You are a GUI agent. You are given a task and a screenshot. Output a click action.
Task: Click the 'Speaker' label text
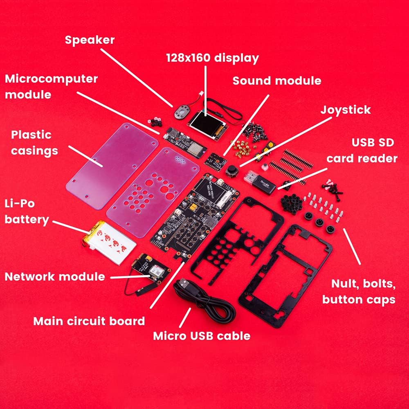[x=90, y=40]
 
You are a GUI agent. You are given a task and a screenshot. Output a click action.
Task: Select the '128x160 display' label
[x=212, y=58]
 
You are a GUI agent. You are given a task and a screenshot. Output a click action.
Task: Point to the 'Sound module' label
[x=277, y=81]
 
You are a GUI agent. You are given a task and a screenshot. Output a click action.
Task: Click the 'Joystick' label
[x=345, y=110]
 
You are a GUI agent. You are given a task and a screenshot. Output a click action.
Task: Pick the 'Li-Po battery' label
[x=27, y=211]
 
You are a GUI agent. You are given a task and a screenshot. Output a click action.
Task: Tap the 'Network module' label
[x=54, y=276]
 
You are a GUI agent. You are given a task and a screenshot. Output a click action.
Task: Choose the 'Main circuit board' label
[x=89, y=321]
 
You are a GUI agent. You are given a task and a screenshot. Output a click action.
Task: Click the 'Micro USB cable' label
[x=202, y=336]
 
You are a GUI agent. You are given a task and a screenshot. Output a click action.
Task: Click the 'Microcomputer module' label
[x=51, y=86]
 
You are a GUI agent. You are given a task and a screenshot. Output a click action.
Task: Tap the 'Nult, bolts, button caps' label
[x=359, y=291]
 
